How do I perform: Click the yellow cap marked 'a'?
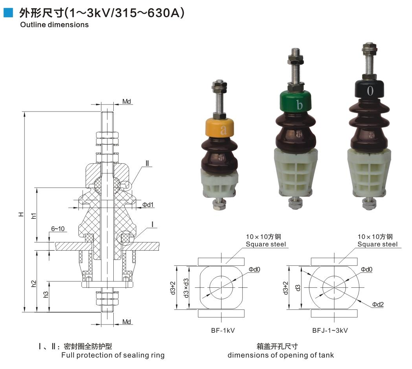tap(220, 128)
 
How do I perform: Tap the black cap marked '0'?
tap(369, 89)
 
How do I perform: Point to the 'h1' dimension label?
tap(33, 216)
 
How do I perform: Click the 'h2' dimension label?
tap(33, 283)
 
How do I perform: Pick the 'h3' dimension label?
tap(46, 294)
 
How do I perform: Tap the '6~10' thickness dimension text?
tap(58, 229)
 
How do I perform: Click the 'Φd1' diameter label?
tap(148, 205)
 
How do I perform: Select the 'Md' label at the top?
tap(127, 102)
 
